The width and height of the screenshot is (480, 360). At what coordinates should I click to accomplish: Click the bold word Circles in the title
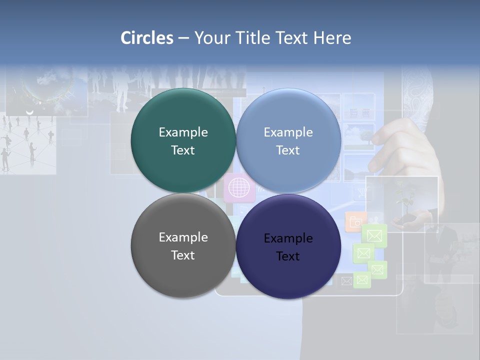pos(147,38)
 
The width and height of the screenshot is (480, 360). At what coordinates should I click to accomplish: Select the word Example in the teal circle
pos(183,132)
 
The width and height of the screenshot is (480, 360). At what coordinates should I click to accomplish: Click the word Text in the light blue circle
pos(288,150)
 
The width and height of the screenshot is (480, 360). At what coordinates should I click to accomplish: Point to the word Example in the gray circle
pos(183,237)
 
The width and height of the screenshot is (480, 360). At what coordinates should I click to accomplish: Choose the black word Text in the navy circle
pos(288,256)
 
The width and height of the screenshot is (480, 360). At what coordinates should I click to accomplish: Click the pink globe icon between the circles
pos(239,188)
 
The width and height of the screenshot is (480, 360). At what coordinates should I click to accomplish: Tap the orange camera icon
pos(354,221)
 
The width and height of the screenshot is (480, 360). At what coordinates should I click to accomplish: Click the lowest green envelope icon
pos(362,280)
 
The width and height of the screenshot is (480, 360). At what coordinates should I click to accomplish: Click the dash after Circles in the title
pos(183,38)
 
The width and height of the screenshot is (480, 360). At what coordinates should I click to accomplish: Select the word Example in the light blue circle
pos(288,132)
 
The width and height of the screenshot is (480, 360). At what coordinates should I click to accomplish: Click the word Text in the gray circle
pos(183,255)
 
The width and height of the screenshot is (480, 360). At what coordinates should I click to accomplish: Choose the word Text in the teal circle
pos(183,150)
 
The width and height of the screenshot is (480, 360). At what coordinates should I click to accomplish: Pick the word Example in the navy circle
pos(288,238)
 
